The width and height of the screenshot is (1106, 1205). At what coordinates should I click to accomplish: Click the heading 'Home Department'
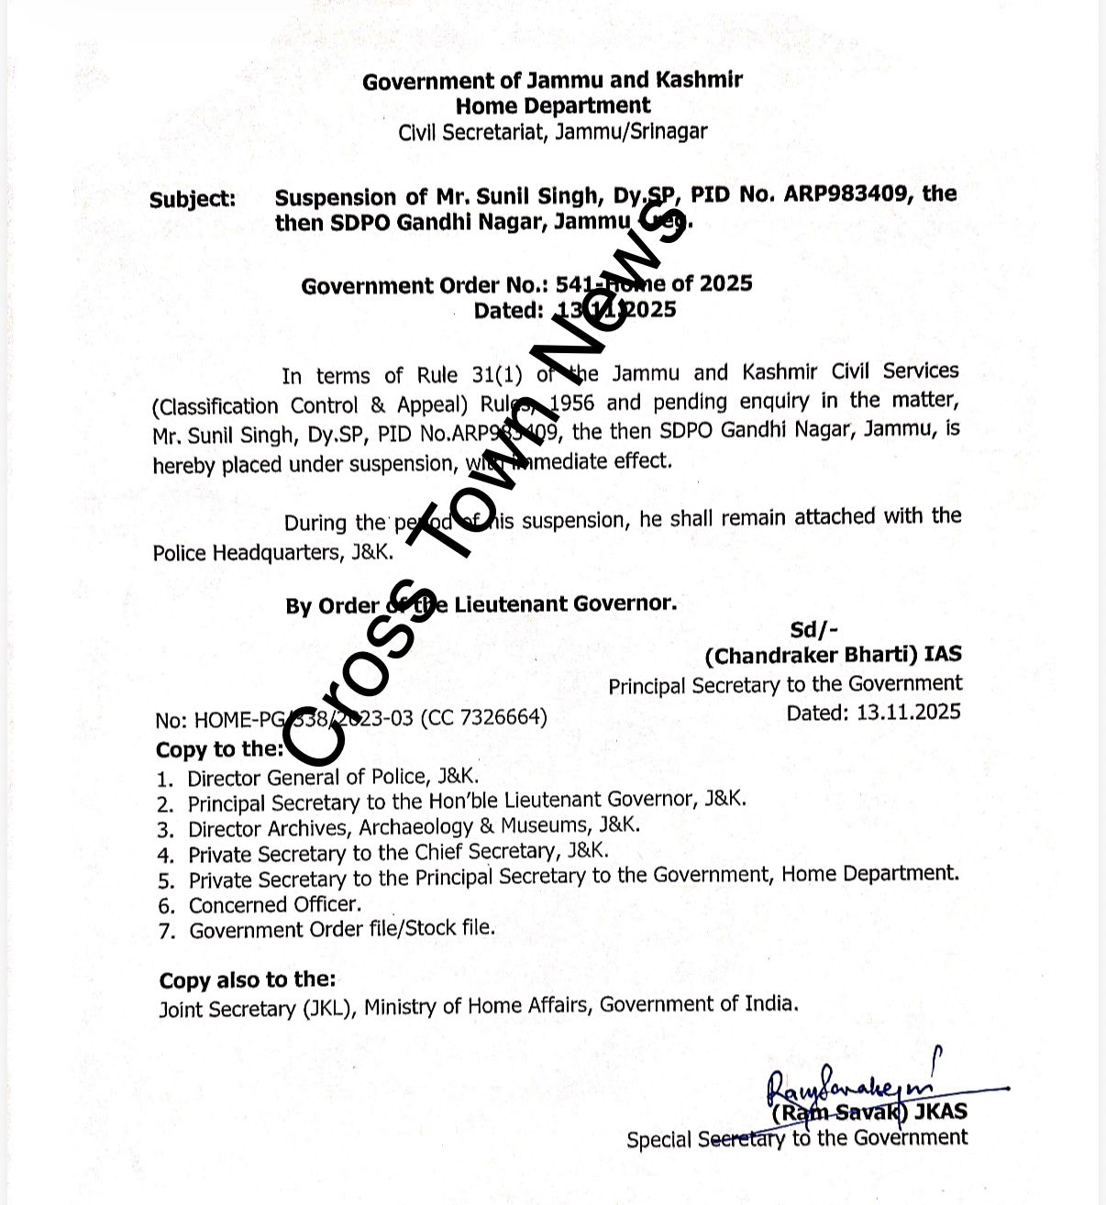tap(552, 105)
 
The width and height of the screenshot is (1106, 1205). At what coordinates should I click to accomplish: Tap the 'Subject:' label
tap(193, 200)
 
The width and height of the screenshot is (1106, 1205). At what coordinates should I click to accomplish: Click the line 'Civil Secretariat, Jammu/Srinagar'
tap(552, 132)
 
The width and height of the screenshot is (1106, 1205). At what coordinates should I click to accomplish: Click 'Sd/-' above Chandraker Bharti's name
tap(813, 629)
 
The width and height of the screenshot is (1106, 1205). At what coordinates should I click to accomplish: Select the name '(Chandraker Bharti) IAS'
tap(833, 655)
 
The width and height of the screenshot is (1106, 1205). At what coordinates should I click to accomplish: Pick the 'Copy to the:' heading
tap(219, 749)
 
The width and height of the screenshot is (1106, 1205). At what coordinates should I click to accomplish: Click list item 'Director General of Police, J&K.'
tap(333, 778)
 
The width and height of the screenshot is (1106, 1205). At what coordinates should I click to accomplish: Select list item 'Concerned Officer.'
tap(275, 904)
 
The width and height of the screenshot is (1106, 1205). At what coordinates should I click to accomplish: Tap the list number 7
tap(166, 932)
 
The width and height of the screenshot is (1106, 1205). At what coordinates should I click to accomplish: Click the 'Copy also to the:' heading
tap(247, 980)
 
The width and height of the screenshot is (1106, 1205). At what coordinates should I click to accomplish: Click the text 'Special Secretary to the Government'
tap(796, 1139)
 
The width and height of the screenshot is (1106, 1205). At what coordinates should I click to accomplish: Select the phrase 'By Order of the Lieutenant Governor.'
tap(481, 605)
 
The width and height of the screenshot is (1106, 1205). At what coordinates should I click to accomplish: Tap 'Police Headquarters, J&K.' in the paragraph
tap(273, 552)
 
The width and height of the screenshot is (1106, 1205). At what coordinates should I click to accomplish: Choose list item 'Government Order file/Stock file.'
tap(341, 929)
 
